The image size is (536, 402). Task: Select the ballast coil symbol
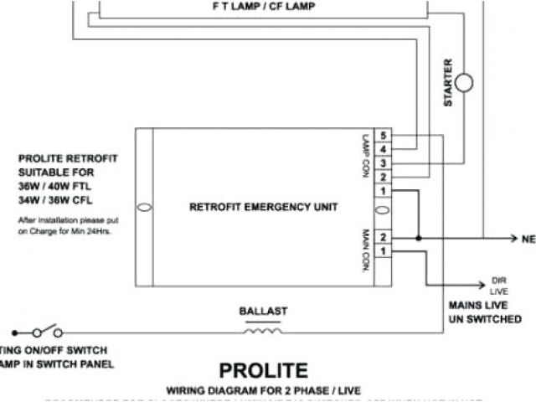pos(263,329)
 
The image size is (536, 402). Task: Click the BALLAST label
pos(263,311)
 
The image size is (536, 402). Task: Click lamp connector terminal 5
pos(383,136)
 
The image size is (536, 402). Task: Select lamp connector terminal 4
pos(383,150)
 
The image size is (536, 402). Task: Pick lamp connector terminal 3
pos(383,163)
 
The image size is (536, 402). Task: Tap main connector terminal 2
pos(383,238)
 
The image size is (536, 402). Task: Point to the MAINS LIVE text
pos(478,306)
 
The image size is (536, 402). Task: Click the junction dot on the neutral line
pos(419,238)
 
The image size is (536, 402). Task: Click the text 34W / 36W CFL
pos(57,201)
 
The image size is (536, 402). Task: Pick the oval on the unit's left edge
pos(144,206)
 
